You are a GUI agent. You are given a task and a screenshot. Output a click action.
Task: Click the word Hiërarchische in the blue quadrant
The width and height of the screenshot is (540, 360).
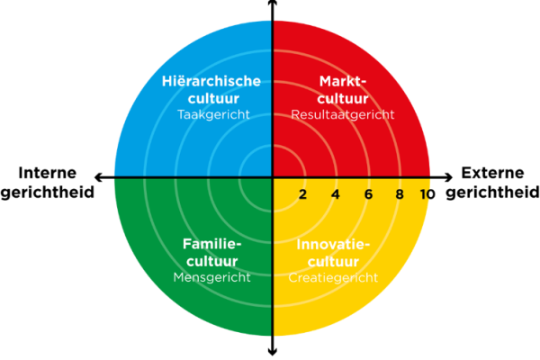coord(211,81)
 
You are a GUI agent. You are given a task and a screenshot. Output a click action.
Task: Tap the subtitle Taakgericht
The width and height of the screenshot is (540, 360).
coord(213,114)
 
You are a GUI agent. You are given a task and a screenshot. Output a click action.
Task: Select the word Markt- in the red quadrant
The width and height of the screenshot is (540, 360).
coord(343,81)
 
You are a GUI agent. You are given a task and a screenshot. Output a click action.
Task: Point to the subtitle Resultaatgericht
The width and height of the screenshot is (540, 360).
coord(343,114)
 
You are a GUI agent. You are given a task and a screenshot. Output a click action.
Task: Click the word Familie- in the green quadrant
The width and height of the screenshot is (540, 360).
coord(211,244)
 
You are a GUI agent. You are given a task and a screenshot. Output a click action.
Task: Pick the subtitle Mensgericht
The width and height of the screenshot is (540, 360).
coord(211,277)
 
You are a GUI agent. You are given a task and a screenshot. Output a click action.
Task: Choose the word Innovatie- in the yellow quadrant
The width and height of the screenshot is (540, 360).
coord(333,244)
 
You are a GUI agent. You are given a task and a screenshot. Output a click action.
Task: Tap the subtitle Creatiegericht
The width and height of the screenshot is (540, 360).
coord(333,277)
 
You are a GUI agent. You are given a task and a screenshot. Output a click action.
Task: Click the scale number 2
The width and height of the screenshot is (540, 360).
coord(302,194)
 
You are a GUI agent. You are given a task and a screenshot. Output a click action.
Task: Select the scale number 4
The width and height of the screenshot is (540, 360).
coord(336,194)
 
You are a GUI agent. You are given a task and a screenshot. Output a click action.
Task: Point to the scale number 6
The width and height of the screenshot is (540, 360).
coord(368,194)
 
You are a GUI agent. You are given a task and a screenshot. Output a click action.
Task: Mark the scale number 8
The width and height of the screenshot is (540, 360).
coord(400,194)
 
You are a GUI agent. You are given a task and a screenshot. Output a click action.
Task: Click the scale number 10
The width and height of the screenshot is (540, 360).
coord(427,194)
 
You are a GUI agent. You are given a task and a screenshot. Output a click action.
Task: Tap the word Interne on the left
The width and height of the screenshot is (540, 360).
coord(47,173)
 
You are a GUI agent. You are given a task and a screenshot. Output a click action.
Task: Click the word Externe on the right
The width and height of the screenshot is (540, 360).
coord(492,173)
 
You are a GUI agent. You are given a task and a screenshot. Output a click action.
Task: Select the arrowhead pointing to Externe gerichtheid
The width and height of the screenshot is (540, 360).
coord(448,177)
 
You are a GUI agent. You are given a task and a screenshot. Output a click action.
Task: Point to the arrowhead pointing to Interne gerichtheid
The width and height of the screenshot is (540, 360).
coord(98,177)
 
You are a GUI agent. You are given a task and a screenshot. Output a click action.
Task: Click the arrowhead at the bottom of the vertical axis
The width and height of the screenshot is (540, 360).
coord(273,352)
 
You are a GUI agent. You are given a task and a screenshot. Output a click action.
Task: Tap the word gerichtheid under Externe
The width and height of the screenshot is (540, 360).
coord(492,192)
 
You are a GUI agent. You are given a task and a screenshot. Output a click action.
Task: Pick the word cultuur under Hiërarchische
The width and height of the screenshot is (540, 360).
coord(213,98)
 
